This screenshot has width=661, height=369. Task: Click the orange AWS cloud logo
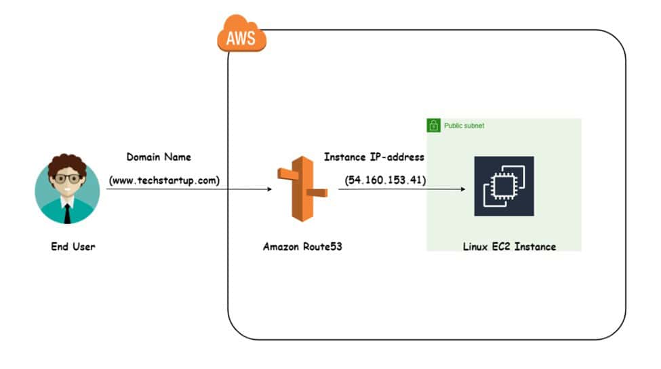(241, 37)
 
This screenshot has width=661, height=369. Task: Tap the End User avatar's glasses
(67, 178)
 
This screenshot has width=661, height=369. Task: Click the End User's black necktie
(68, 212)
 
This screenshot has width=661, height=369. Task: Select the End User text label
(73, 246)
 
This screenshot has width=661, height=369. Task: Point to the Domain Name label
(159, 157)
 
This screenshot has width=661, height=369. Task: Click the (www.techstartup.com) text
(165, 180)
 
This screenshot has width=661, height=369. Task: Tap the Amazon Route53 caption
(302, 246)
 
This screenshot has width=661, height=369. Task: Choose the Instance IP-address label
(374, 157)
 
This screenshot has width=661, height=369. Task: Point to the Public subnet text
(464, 125)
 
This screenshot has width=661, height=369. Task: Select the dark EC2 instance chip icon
(504, 186)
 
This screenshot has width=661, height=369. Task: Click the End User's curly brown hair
(67, 163)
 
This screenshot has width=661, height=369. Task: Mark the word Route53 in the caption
(322, 246)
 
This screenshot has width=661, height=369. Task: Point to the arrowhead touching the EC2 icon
(463, 189)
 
